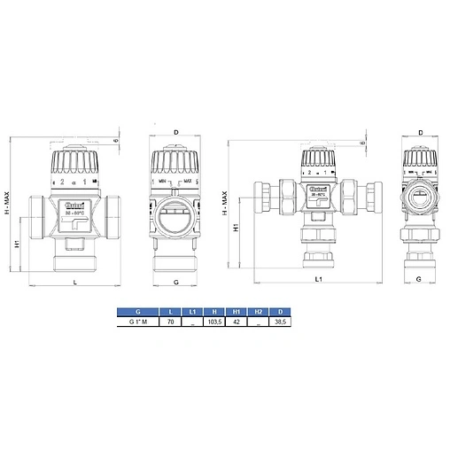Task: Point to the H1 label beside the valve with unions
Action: click(x=236, y=228)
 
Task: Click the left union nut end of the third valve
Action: click(x=263, y=197)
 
